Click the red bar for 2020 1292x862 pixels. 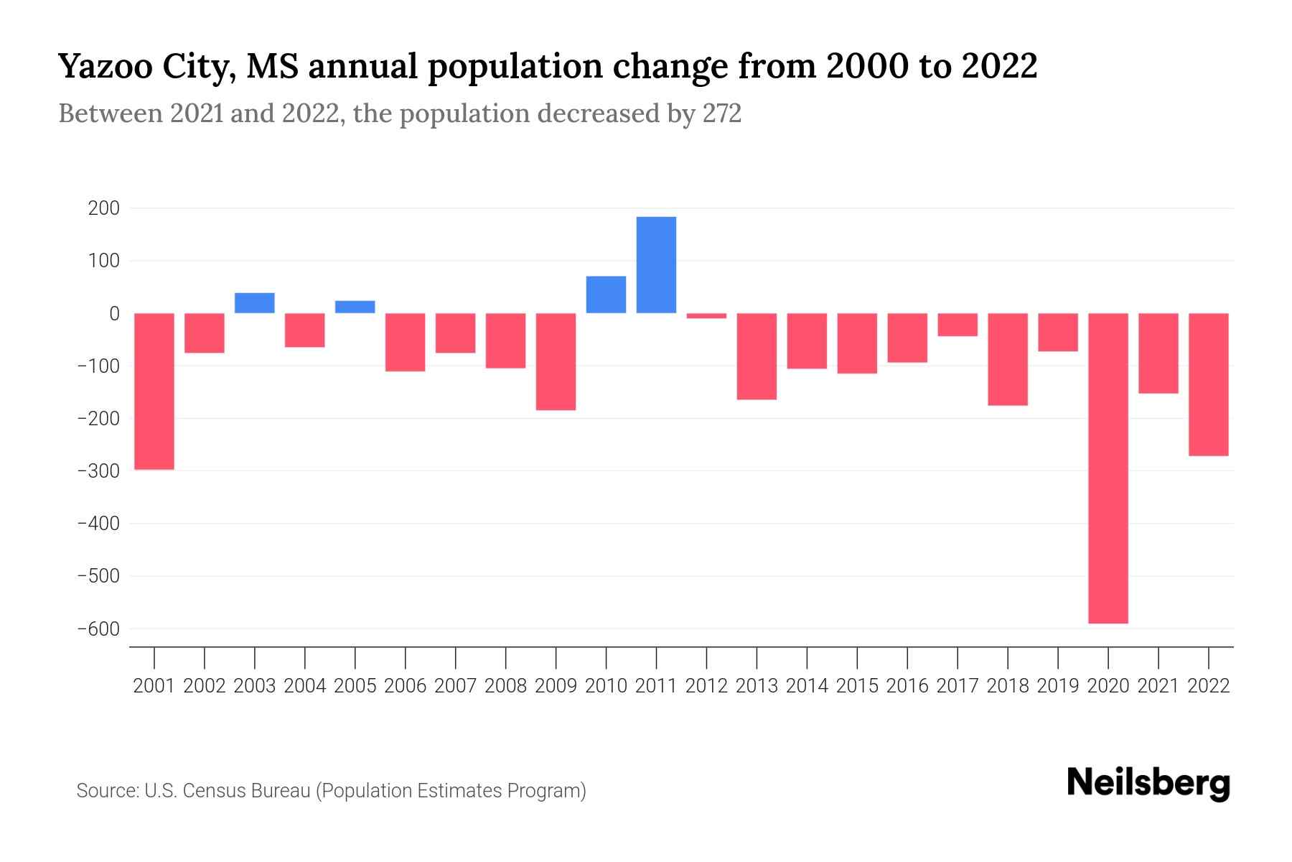coord(1108,468)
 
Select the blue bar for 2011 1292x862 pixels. coord(656,264)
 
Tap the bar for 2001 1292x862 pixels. coord(154,391)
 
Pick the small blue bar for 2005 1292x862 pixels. coord(355,307)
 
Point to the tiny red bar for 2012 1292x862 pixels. coord(706,315)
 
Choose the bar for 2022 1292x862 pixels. coord(1208,384)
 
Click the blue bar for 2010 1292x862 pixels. coord(606,295)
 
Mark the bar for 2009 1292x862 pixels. coord(556,361)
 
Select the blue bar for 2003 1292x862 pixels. coord(255,302)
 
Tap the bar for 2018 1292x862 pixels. coord(1007,359)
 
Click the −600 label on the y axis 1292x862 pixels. coord(98,629)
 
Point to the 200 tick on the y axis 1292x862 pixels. coord(103,208)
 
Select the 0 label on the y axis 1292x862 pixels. coord(114,313)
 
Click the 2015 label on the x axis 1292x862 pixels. coord(857,686)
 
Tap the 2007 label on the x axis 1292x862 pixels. coord(455,686)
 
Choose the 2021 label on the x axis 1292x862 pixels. coord(1158,686)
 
